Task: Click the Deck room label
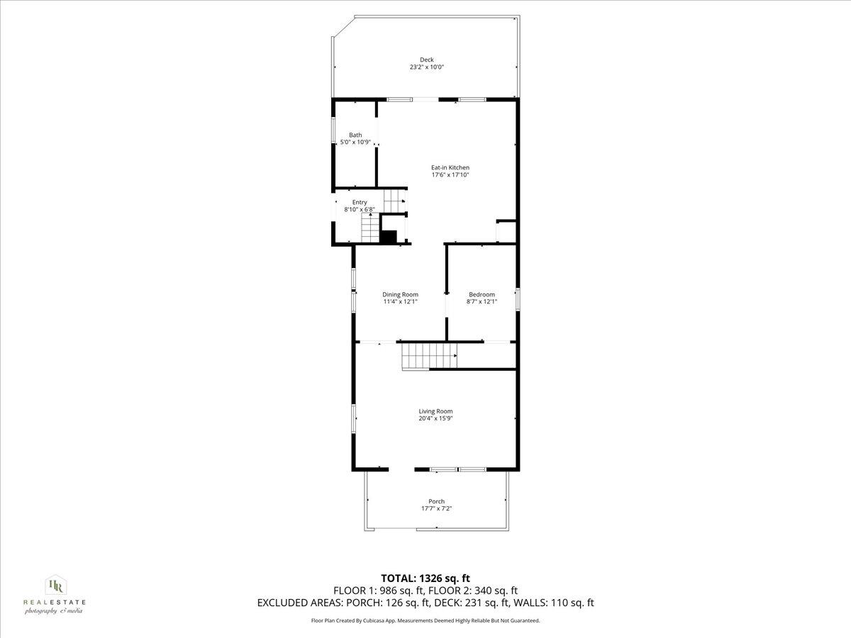click(426, 60)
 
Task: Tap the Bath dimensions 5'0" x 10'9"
click(355, 142)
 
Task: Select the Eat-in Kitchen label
click(450, 167)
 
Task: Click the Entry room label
click(360, 202)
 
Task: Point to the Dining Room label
click(400, 294)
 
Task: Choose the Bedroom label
click(482, 294)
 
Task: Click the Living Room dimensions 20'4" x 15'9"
click(435, 418)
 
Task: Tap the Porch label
click(436, 501)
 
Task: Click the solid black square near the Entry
click(388, 237)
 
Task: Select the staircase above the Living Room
click(428, 354)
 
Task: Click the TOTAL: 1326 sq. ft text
click(425, 578)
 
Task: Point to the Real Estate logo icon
click(55, 586)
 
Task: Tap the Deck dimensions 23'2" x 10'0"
click(426, 67)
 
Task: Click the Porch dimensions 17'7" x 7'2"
click(436, 508)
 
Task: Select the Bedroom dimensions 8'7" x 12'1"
click(482, 301)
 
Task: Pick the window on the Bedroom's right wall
click(517, 298)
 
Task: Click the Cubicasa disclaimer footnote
click(425, 620)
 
